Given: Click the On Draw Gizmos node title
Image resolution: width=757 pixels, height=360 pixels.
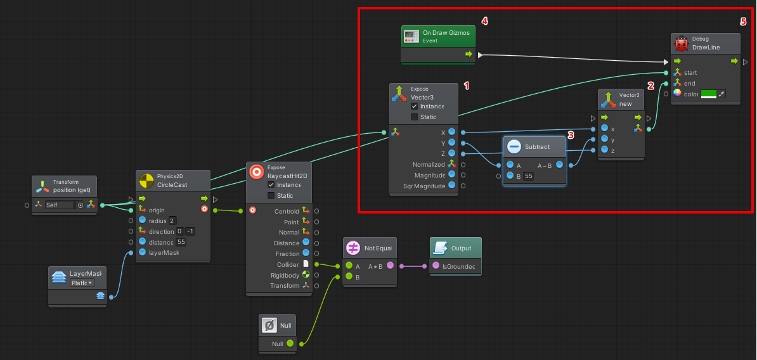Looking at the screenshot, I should click(x=446, y=32).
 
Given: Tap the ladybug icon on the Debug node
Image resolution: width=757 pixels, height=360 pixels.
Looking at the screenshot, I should click(x=682, y=44).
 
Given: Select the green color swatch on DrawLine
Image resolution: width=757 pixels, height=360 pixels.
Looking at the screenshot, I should click(x=708, y=94).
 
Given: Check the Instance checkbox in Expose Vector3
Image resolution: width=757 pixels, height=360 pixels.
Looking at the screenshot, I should click(x=415, y=106).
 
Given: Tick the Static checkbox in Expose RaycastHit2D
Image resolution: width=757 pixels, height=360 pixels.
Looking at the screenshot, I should click(x=271, y=196).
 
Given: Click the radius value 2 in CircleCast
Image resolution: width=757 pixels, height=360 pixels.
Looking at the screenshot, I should click(x=172, y=221).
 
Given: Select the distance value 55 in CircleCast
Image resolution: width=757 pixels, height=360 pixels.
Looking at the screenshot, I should click(x=181, y=242).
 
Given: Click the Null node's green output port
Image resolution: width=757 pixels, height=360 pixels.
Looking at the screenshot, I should click(x=290, y=344).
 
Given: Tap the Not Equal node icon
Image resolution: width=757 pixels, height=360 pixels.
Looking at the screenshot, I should click(x=353, y=248).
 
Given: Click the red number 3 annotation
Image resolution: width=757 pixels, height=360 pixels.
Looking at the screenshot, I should click(x=571, y=135).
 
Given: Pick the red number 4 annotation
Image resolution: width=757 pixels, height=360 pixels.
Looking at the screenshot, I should click(x=485, y=21).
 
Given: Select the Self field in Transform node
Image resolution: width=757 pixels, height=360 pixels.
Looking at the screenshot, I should click(x=59, y=205).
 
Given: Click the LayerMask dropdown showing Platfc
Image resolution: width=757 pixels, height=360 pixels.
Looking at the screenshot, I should click(x=82, y=283).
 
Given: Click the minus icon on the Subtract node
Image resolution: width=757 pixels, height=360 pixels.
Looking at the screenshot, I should click(x=514, y=146).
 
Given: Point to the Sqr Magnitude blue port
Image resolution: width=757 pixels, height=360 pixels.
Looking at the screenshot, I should click(x=451, y=186).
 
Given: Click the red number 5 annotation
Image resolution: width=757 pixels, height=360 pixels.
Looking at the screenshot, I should click(x=743, y=21).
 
